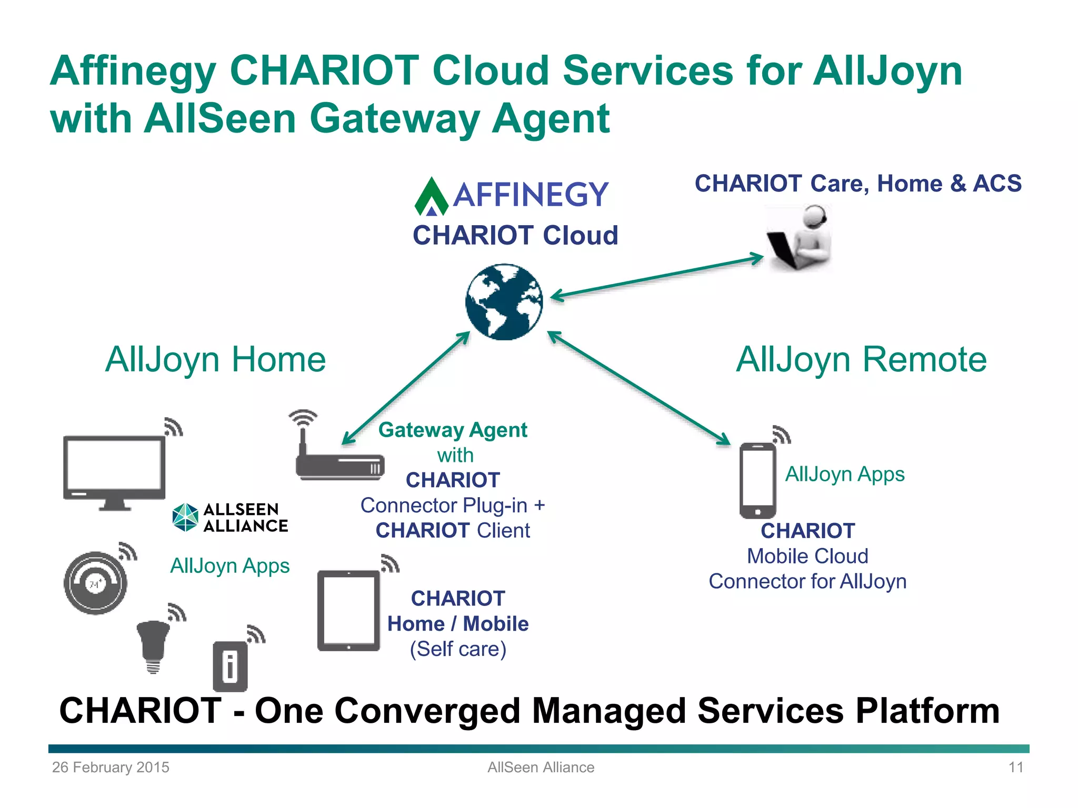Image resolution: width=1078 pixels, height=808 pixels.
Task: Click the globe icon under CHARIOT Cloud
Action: pyautogui.click(x=504, y=302)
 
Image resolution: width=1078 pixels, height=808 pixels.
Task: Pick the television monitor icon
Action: pyautogui.click(x=114, y=470)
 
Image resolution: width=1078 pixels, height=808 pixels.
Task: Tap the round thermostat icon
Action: pyautogui.click(x=95, y=583)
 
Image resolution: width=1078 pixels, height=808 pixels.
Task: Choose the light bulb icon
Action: pyautogui.click(x=153, y=645)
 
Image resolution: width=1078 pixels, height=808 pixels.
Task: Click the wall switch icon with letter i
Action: pyautogui.click(x=230, y=666)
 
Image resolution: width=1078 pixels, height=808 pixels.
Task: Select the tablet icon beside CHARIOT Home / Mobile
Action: pyautogui.click(x=348, y=611)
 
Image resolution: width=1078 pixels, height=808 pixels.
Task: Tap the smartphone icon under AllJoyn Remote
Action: pyautogui.click(x=757, y=480)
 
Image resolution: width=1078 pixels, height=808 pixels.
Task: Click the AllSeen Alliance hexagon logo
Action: pyautogui.click(x=185, y=518)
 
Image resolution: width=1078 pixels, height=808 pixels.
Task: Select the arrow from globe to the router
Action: pyautogui.click(x=405, y=388)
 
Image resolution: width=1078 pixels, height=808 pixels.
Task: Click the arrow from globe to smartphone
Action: pyautogui.click(x=638, y=388)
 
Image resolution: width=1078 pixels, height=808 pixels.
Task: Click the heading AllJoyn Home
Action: pyautogui.click(x=215, y=360)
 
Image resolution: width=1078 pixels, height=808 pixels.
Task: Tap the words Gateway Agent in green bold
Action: pyautogui.click(x=453, y=430)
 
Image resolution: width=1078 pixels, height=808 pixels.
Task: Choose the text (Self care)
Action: pyautogui.click(x=458, y=649)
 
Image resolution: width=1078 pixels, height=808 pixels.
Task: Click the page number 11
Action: pyautogui.click(x=1015, y=767)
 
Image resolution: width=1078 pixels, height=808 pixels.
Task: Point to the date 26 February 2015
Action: pyautogui.click(x=111, y=767)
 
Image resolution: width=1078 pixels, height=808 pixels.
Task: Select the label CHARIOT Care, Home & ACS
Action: pyautogui.click(x=858, y=184)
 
